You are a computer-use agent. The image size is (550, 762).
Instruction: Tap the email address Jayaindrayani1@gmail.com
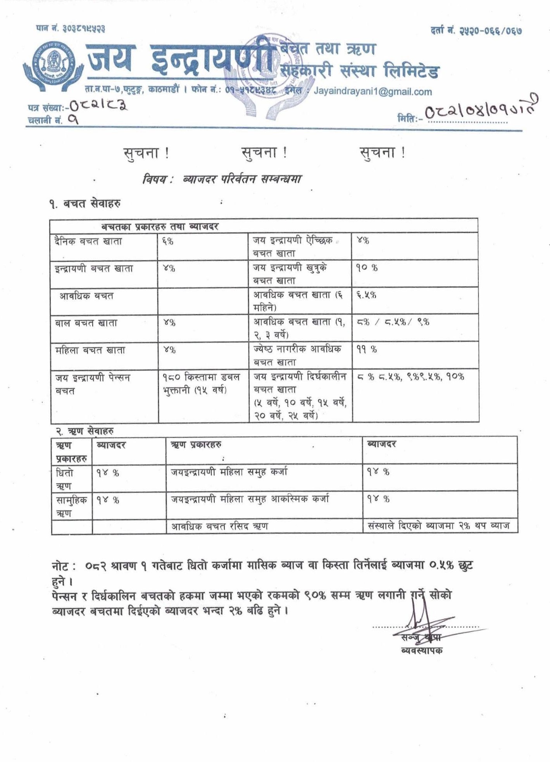pyautogui.click(x=372, y=92)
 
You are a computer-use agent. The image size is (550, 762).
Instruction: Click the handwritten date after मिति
pyautogui.click(x=481, y=110)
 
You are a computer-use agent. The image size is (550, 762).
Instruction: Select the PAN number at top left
pyautogui.click(x=71, y=29)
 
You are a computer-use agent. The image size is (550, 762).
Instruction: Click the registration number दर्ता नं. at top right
pyautogui.click(x=476, y=30)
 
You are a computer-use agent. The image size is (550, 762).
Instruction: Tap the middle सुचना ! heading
pyautogui.click(x=264, y=153)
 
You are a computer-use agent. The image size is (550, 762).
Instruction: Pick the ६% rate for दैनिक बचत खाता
pyautogui.click(x=168, y=241)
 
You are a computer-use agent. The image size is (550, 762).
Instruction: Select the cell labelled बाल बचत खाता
pyautogui.click(x=86, y=323)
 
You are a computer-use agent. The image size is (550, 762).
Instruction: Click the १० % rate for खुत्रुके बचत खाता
pyautogui.click(x=367, y=268)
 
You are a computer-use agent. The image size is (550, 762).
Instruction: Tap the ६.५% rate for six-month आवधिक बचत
pyautogui.click(x=366, y=295)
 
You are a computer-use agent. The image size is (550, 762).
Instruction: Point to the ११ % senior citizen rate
pyautogui.click(x=366, y=350)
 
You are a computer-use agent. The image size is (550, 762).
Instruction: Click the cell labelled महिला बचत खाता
pyautogui.click(x=90, y=350)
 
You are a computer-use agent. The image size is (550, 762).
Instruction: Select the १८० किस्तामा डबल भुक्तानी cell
pyautogui.click(x=201, y=383)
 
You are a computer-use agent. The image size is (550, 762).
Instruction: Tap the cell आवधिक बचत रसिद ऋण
pyautogui.click(x=219, y=526)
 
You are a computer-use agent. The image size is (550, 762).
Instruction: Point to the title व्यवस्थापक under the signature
pyautogui.click(x=422, y=650)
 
